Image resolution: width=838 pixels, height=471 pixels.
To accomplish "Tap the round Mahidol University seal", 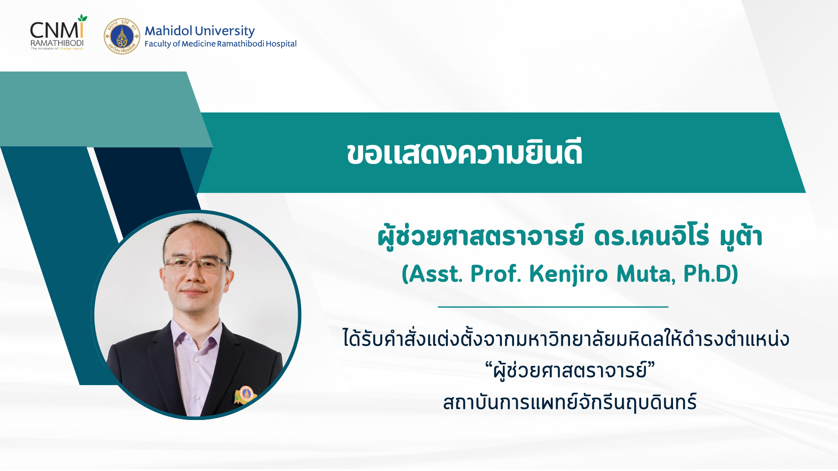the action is (122, 36).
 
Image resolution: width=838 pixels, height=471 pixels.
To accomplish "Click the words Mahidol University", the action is (199, 31).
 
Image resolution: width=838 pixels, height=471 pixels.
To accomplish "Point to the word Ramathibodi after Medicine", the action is (240, 44).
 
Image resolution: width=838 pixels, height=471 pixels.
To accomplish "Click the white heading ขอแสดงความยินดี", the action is (465, 153).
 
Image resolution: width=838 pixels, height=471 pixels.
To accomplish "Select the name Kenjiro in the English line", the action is (568, 274).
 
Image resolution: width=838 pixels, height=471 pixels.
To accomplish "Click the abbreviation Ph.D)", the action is (711, 273).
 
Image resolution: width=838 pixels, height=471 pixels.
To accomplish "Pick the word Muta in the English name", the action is (646, 274).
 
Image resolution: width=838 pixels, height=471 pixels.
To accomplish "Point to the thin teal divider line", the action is (553, 307).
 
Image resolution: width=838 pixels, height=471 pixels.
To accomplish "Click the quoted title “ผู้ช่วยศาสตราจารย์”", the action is (570, 371).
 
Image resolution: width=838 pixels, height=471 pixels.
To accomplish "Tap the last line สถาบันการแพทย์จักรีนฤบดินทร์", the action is (570, 402).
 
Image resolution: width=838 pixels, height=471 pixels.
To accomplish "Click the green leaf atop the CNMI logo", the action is (82, 18).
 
